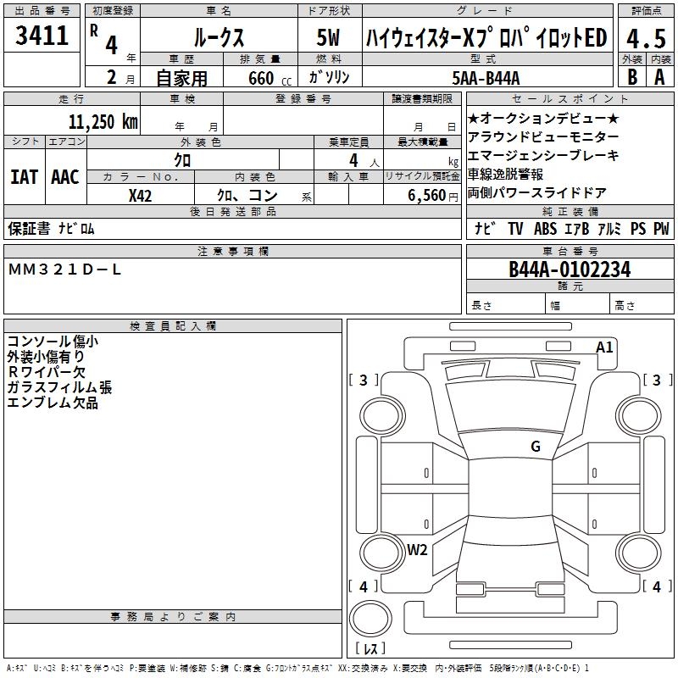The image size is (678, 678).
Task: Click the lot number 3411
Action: point(42,36)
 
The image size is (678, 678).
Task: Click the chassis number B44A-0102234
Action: point(570,270)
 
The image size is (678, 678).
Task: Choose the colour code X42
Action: point(141,195)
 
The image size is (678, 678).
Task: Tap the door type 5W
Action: point(330,37)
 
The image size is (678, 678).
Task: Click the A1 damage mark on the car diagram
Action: point(604,347)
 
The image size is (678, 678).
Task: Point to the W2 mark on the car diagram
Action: point(417,549)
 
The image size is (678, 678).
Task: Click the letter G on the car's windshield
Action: point(536,447)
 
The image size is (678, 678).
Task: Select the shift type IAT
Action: point(24,176)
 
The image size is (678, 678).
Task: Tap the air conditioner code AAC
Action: point(64,176)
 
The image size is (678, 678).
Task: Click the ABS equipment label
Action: point(547,229)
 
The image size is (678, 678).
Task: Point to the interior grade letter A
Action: point(659,76)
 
